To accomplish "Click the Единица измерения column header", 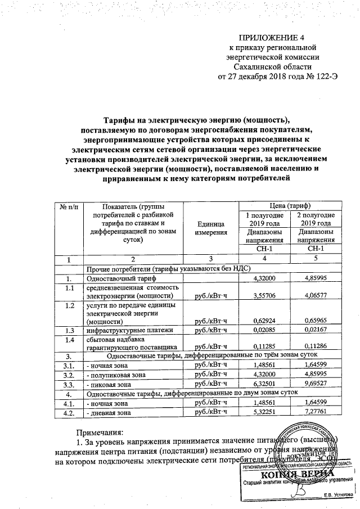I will (x=211, y=228).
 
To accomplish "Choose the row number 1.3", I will (x=69, y=331).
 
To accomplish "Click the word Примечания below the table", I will (x=100, y=433).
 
